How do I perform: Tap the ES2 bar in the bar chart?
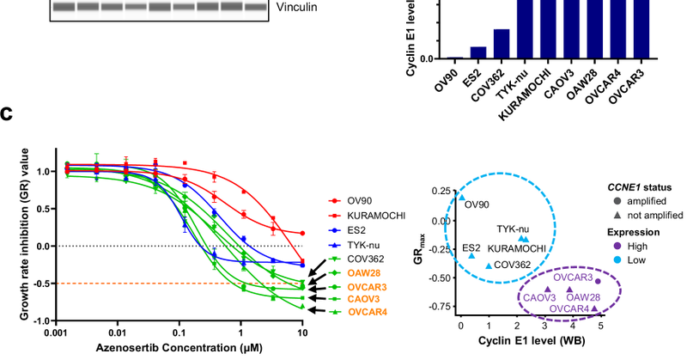[x=454, y=52]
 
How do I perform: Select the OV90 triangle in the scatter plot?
[x=461, y=197]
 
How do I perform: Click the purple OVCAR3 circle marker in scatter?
[x=599, y=281]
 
